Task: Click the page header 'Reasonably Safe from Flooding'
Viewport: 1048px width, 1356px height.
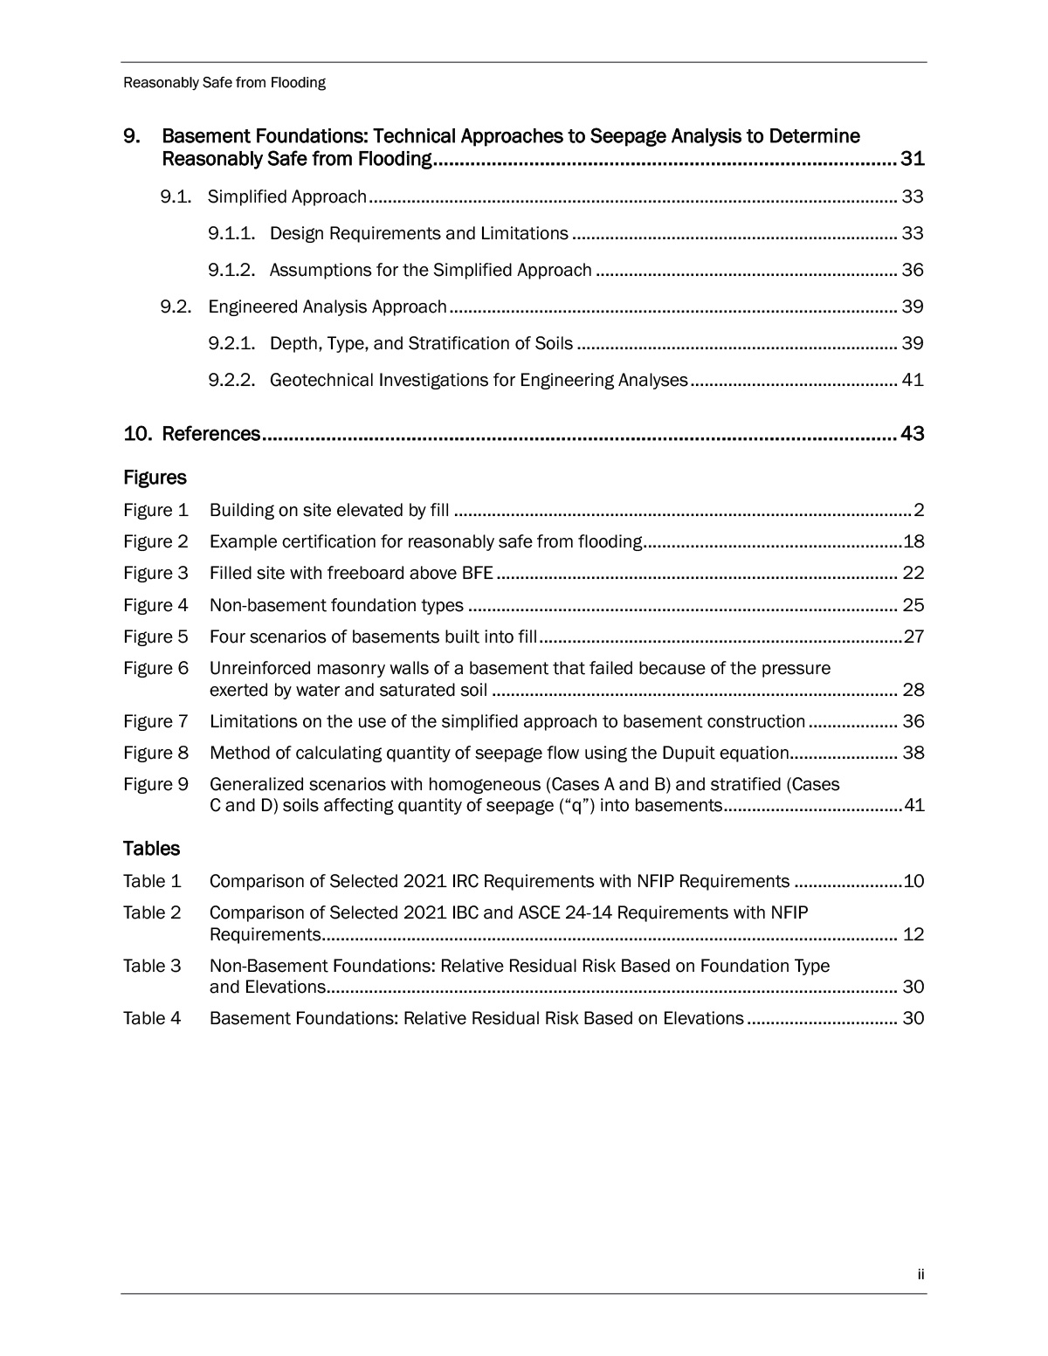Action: click(x=224, y=83)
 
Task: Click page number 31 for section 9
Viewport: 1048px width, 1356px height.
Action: click(x=912, y=159)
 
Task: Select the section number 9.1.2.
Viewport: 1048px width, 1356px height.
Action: click(x=231, y=270)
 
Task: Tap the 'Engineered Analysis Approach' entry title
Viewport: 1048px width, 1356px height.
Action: click(x=327, y=306)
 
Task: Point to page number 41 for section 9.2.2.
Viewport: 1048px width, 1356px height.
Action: click(x=913, y=380)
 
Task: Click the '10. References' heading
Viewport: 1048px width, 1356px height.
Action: click(x=192, y=434)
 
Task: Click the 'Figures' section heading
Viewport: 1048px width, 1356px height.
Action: click(x=155, y=478)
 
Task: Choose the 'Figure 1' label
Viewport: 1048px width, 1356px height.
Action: click(x=155, y=510)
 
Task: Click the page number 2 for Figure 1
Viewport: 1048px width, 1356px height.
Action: click(x=918, y=510)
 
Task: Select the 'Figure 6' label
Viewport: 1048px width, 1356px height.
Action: click(x=155, y=669)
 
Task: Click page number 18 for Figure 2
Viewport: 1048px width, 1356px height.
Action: click(x=914, y=541)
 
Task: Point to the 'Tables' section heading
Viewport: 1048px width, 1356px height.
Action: click(x=151, y=849)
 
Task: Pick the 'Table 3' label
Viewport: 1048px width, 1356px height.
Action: click(x=152, y=966)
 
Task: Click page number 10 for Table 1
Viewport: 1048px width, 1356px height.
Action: click(x=914, y=881)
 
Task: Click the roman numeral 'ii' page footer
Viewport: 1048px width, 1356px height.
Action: click(x=920, y=1275)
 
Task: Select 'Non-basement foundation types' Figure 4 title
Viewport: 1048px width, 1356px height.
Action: click(x=336, y=605)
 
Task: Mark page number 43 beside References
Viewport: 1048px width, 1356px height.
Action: click(x=912, y=434)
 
